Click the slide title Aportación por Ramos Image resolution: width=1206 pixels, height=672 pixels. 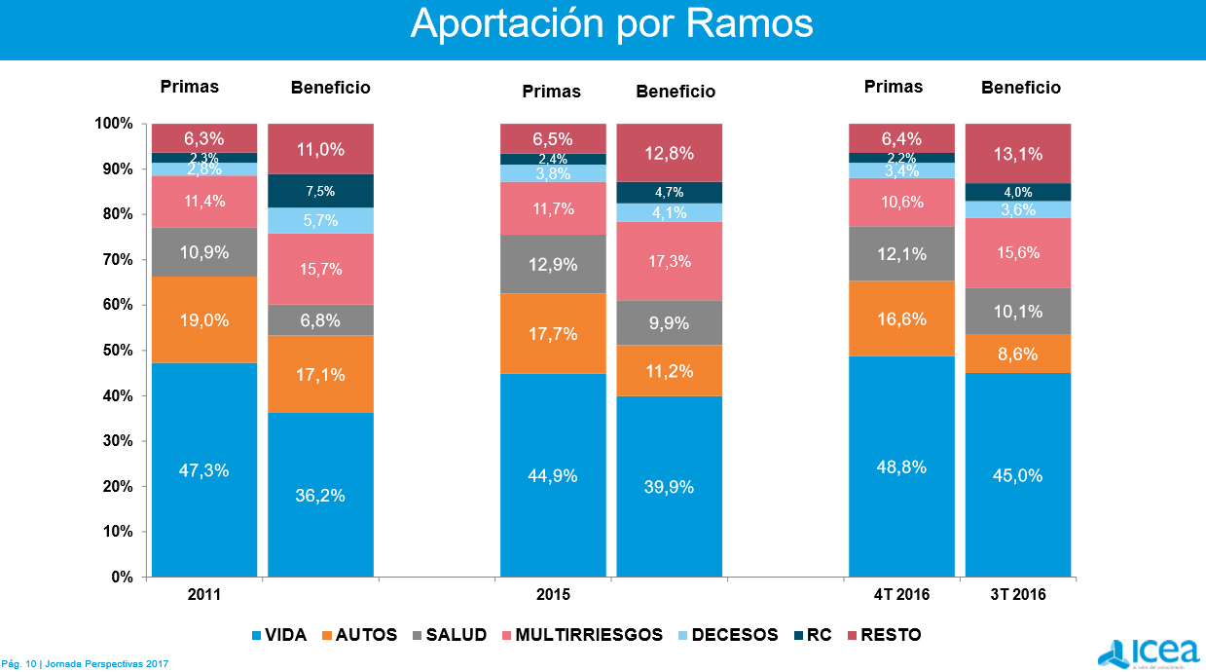pos(611,23)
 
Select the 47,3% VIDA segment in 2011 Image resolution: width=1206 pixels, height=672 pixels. pos(204,469)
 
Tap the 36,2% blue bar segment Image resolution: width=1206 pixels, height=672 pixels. pos(320,495)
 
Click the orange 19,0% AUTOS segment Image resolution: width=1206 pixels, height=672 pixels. pos(204,319)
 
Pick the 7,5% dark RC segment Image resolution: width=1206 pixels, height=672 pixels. pos(320,191)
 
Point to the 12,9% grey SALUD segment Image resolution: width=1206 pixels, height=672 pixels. pos(553,264)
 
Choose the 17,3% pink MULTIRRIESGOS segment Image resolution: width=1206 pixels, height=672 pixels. pos(669,261)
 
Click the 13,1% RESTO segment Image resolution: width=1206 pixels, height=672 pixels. pos(1017,153)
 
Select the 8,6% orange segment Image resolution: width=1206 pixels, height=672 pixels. pos(1017,354)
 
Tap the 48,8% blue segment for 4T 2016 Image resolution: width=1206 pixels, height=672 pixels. pos(901,467)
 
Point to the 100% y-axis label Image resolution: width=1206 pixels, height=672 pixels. pos(114,124)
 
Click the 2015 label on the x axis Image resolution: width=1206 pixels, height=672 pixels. pos(553,594)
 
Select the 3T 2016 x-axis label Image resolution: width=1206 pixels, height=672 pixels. pos(1017,594)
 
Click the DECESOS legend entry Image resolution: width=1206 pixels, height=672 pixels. pos(735,635)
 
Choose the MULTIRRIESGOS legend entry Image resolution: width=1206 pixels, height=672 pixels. pos(589,635)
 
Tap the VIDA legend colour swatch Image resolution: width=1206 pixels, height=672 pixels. pos(257,635)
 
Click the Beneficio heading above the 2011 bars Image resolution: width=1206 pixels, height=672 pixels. pos(330,88)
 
